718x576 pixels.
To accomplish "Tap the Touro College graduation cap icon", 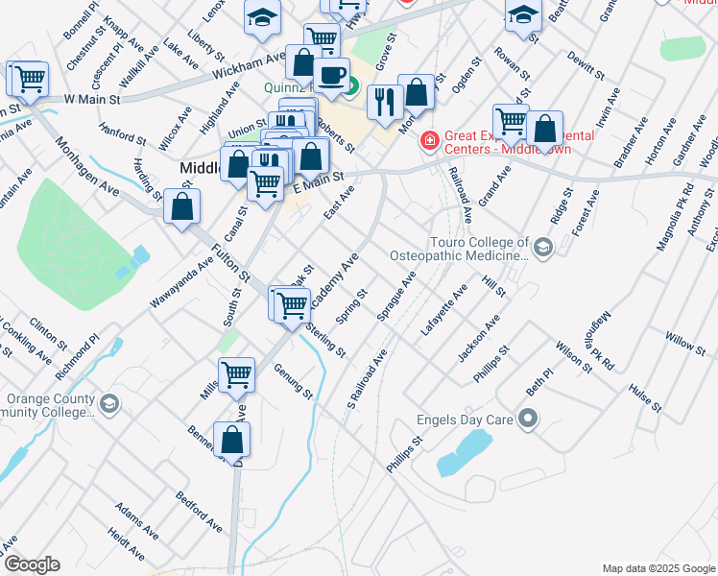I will click(543, 250).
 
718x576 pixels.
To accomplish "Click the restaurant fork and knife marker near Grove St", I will click(385, 102).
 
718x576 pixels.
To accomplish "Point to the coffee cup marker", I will click(332, 75).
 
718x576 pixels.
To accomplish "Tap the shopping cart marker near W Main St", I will click(29, 79).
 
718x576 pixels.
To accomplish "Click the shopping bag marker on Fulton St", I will click(181, 206).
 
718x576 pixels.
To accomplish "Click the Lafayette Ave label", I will click(443, 309).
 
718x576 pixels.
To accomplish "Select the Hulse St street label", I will click(645, 397).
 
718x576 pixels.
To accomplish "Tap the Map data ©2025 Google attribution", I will click(658, 568).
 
